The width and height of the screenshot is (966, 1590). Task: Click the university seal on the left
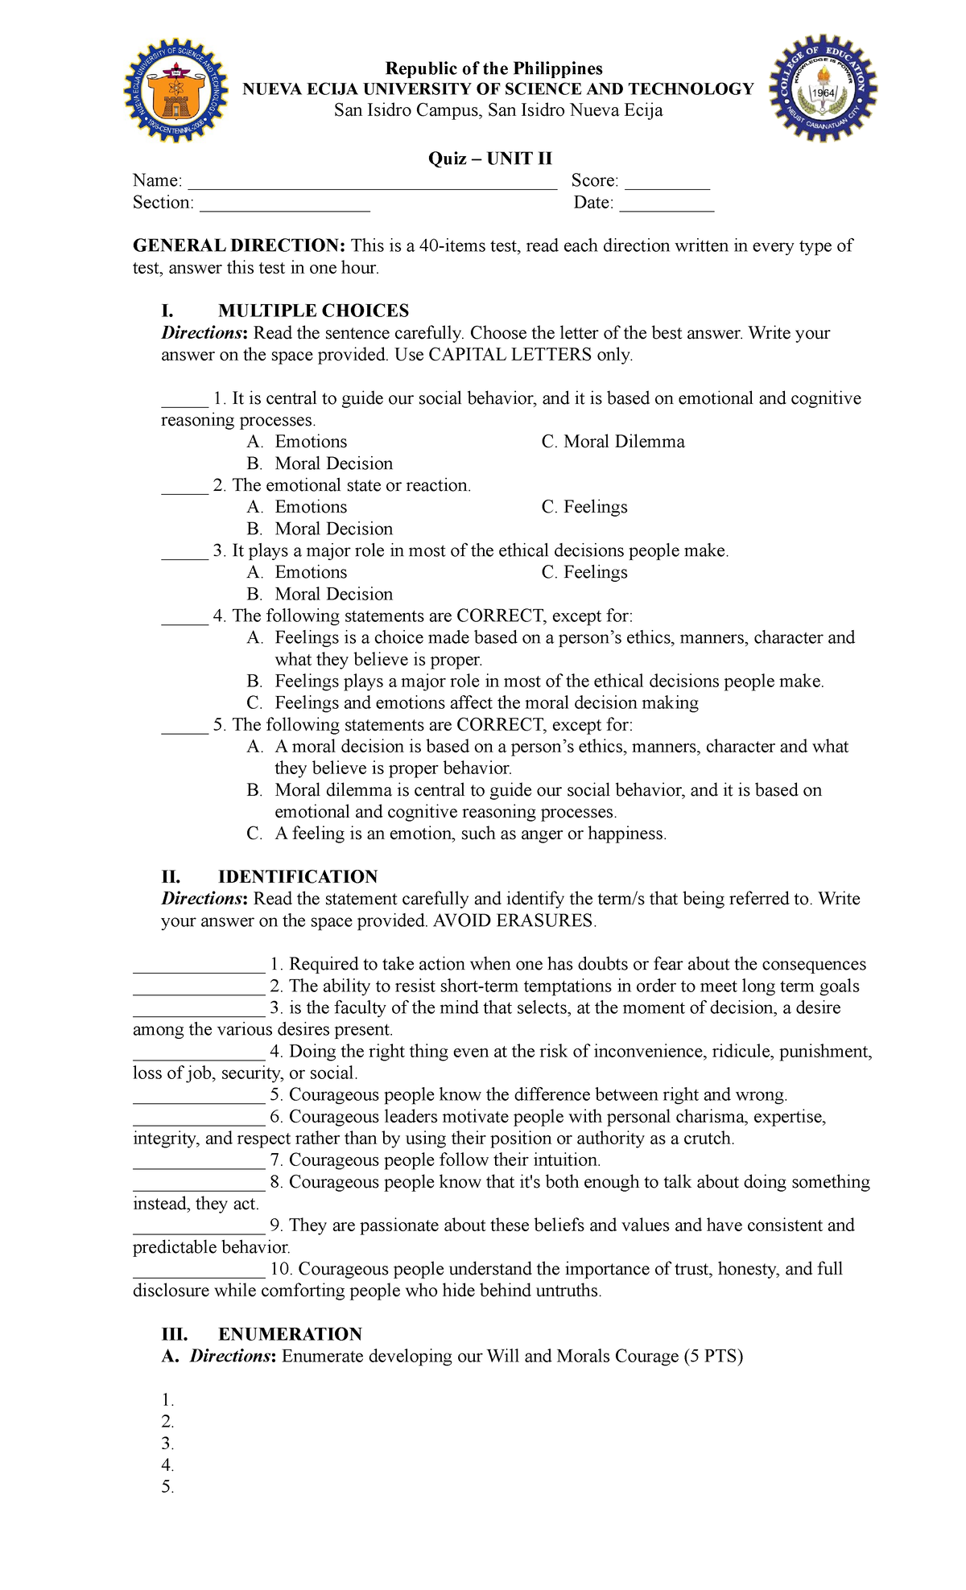tap(175, 90)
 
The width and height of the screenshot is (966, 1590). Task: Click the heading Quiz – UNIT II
tap(489, 159)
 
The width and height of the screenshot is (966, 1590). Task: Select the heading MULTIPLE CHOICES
tap(313, 311)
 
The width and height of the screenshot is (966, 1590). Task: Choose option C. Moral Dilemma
tap(613, 442)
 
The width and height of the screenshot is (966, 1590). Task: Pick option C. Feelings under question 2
tap(584, 507)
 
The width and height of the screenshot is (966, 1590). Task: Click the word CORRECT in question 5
tap(499, 724)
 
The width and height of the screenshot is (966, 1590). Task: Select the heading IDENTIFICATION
tap(298, 876)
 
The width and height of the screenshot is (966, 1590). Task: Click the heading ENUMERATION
tap(290, 1334)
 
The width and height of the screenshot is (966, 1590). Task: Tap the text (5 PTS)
tap(713, 1356)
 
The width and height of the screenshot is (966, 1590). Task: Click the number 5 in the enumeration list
tap(167, 1487)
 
